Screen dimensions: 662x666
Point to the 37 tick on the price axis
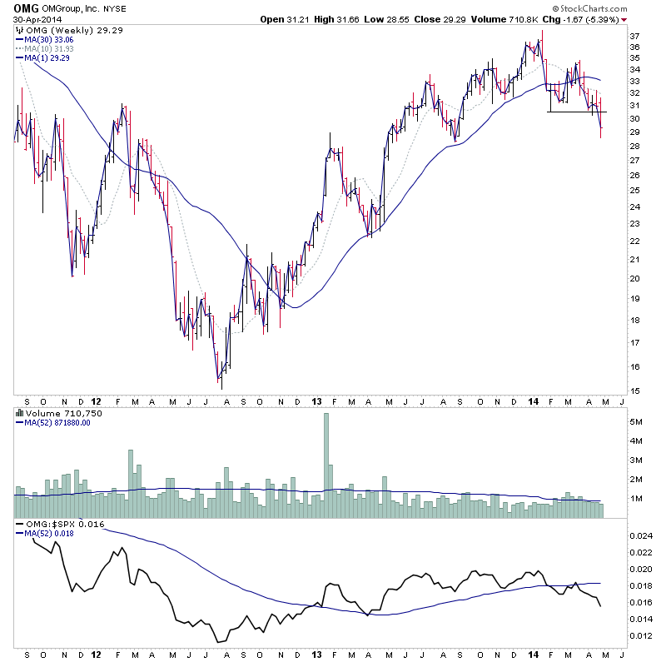[635, 37]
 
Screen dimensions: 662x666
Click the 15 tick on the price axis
[635, 391]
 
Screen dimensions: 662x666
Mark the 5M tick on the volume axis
[636, 422]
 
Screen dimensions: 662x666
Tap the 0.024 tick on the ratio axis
[641, 535]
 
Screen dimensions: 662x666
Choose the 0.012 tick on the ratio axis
[641, 636]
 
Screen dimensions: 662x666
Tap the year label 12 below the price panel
[98, 401]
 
